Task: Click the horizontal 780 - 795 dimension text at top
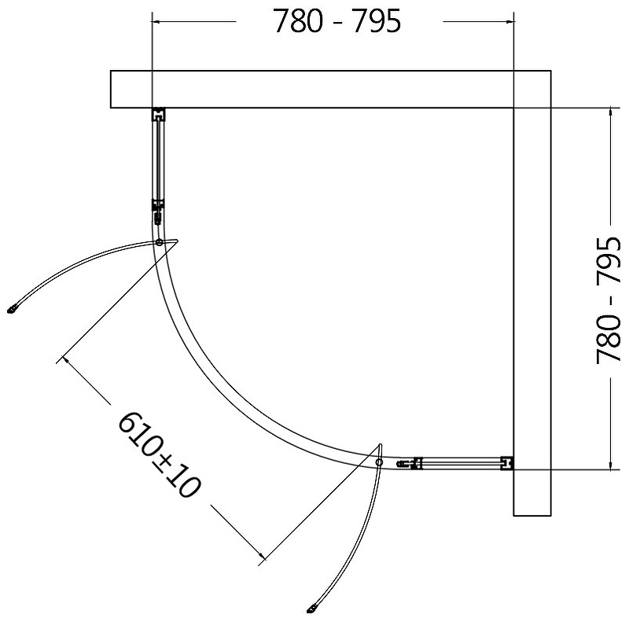[x=337, y=21]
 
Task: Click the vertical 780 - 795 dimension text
[x=609, y=300]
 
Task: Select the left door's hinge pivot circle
[x=160, y=242]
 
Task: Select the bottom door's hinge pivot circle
[x=379, y=462]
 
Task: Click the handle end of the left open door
[x=12, y=309]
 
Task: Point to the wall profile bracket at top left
[x=159, y=114]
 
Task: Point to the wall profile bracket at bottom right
[x=507, y=463]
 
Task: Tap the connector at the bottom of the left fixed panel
[x=158, y=210]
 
